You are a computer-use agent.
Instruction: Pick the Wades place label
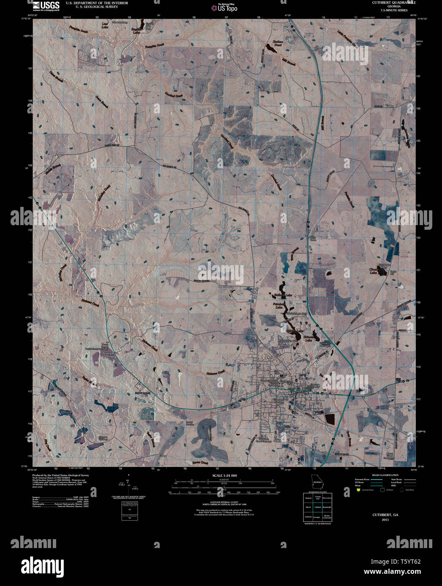389,106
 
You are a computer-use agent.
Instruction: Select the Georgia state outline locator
315,481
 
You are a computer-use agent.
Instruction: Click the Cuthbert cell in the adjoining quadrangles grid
317,507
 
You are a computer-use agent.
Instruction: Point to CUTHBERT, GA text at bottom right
385,515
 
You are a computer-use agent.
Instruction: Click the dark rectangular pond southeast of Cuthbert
330,419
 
